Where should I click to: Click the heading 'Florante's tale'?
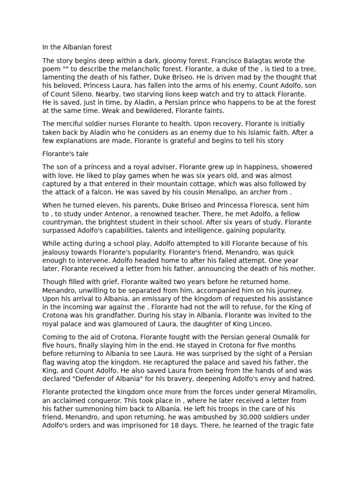pos(65,154)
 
